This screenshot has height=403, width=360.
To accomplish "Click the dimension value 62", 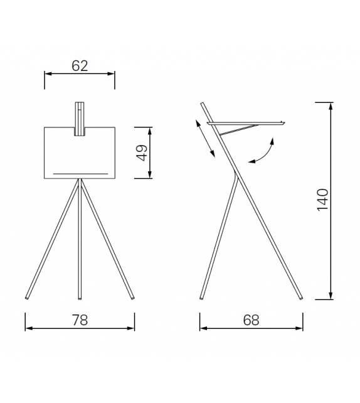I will pos(80,65).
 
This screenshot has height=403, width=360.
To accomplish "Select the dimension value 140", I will pos(322,199).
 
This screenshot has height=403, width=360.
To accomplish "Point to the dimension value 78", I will pos(80,320).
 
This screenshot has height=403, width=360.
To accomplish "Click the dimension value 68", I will pos(251,320).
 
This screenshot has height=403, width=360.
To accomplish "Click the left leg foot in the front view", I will pos(27,296).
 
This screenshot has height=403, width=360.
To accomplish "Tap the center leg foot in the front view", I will pos(80,296).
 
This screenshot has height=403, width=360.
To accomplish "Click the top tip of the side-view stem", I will pos(203,104).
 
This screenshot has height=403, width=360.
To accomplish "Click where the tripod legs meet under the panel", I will pos(80,181).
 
